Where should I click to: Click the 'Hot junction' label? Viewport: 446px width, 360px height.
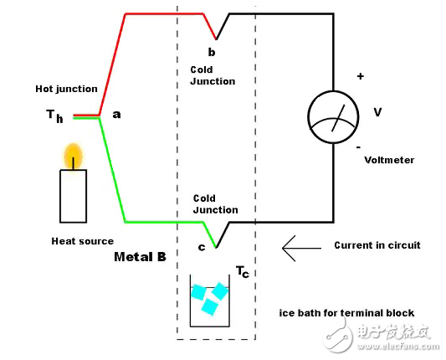pos(66,88)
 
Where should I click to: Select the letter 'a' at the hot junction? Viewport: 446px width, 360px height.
pos(116,115)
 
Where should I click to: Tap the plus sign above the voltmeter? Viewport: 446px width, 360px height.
pos(361,76)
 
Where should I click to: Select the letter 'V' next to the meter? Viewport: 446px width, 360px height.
pos(378,112)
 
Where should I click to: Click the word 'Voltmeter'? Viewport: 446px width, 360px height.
pos(390,160)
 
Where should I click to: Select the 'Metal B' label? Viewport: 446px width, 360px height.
pos(140,255)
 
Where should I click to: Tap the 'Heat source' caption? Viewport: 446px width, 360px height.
pos(82,241)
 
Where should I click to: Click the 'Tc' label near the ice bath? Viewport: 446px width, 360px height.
pos(241,272)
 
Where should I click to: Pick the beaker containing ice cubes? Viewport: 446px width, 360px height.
pos(209,302)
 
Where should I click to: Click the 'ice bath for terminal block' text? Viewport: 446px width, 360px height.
pos(346,313)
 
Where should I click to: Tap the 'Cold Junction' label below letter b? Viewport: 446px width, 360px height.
pos(213,76)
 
